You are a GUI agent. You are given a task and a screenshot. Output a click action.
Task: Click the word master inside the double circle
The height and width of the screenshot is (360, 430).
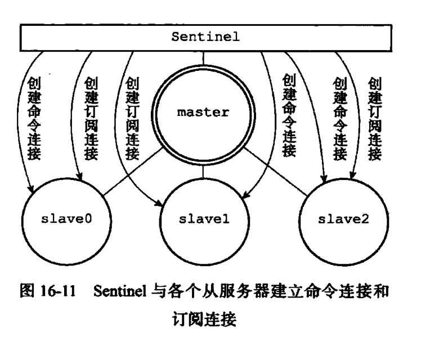(x=203, y=112)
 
